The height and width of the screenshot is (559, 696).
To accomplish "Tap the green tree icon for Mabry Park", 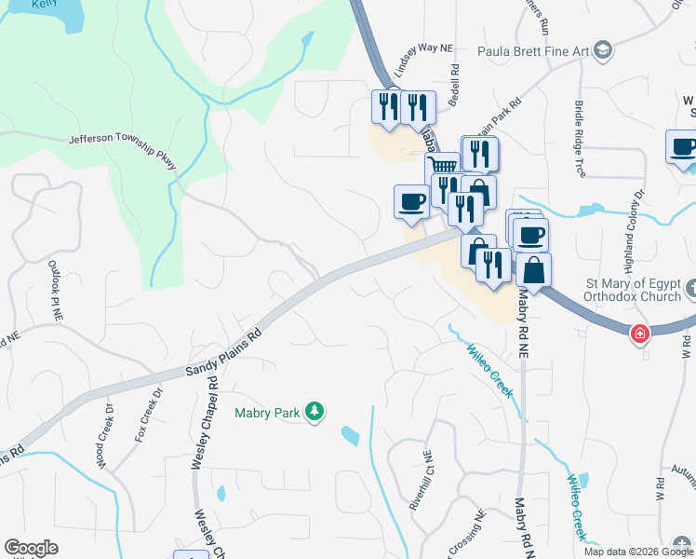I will pyautogui.click(x=315, y=411).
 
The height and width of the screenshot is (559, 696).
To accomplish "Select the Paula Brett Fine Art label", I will pyautogui.click(x=534, y=50).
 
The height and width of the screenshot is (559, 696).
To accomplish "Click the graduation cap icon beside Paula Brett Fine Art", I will pyautogui.click(x=603, y=49).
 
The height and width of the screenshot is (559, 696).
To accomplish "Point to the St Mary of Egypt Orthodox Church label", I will pyautogui.click(x=609, y=291).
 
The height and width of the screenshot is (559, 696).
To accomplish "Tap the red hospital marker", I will pyautogui.click(x=640, y=333).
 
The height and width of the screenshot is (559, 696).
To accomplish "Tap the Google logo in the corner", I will pyautogui.click(x=31, y=548).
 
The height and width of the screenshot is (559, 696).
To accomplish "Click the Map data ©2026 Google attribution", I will pyautogui.click(x=637, y=552).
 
